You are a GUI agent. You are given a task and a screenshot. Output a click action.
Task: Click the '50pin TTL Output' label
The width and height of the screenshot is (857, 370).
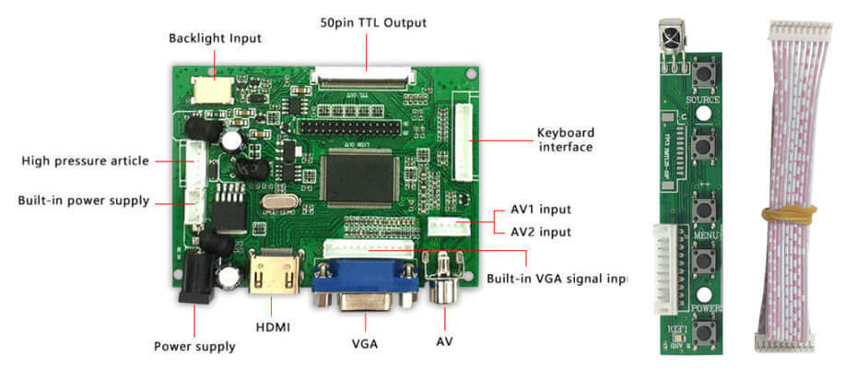coord(372,22)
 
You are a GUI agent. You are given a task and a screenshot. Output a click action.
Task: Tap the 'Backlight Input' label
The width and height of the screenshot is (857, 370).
coord(215,39)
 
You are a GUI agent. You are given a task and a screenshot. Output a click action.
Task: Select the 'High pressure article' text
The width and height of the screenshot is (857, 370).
coord(85,161)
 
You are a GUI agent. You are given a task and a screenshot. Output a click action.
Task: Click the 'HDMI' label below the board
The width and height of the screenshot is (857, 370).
coord(273,326)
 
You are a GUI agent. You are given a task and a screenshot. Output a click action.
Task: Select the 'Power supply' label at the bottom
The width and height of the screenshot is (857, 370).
coord(194,346)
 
